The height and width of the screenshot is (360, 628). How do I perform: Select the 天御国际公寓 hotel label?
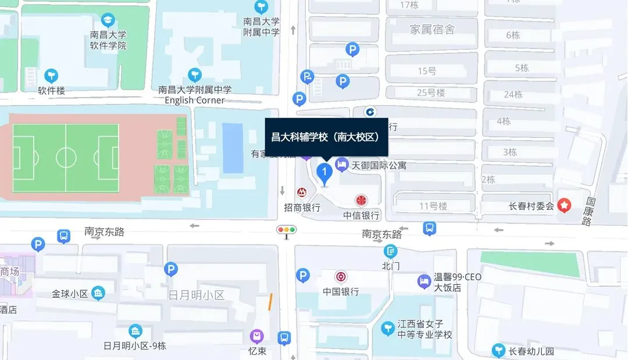(379, 166)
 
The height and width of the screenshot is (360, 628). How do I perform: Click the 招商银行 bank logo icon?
(302, 193)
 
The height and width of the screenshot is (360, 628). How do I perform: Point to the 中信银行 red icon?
(361, 201)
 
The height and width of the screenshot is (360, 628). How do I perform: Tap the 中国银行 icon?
(341, 277)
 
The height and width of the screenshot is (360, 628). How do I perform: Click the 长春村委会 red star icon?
(563, 205)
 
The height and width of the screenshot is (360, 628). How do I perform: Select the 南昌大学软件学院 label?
(108, 40)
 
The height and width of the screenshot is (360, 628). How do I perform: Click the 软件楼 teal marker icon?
(52, 75)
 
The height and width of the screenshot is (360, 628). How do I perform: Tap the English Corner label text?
(194, 100)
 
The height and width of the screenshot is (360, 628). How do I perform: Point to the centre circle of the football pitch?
(66, 157)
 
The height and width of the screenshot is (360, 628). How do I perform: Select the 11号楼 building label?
(433, 206)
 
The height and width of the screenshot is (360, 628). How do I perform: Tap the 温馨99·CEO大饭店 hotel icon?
(424, 282)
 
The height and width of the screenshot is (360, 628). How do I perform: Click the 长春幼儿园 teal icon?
(498, 351)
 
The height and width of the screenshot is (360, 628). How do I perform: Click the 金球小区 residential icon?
(98, 293)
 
